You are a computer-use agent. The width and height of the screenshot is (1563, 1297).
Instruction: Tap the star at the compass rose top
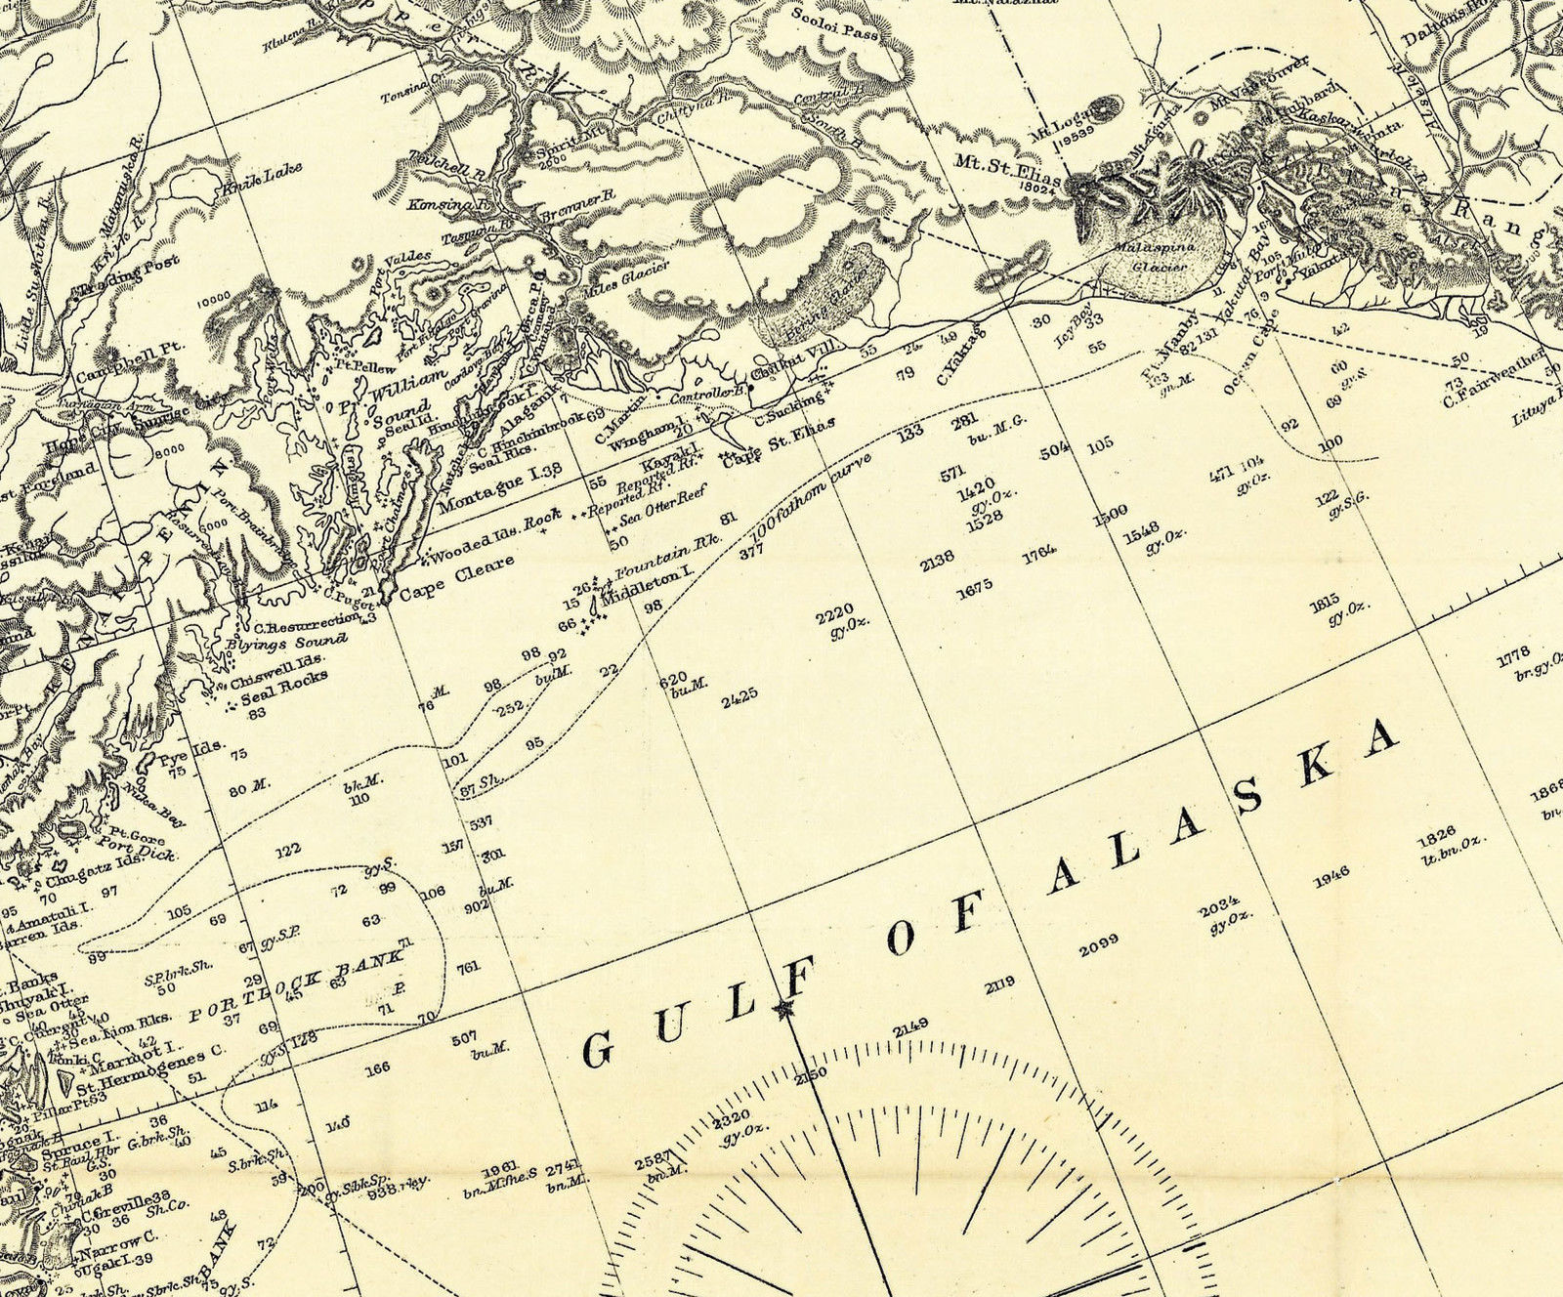pos(782,1010)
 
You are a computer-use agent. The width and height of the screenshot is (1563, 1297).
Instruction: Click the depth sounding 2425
pos(739,699)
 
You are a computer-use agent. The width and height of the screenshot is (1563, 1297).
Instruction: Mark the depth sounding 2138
pos(937,563)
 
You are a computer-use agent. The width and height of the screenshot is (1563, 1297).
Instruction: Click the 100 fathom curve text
pos(811,508)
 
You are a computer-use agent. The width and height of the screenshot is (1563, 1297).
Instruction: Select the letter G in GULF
pos(598,1050)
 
